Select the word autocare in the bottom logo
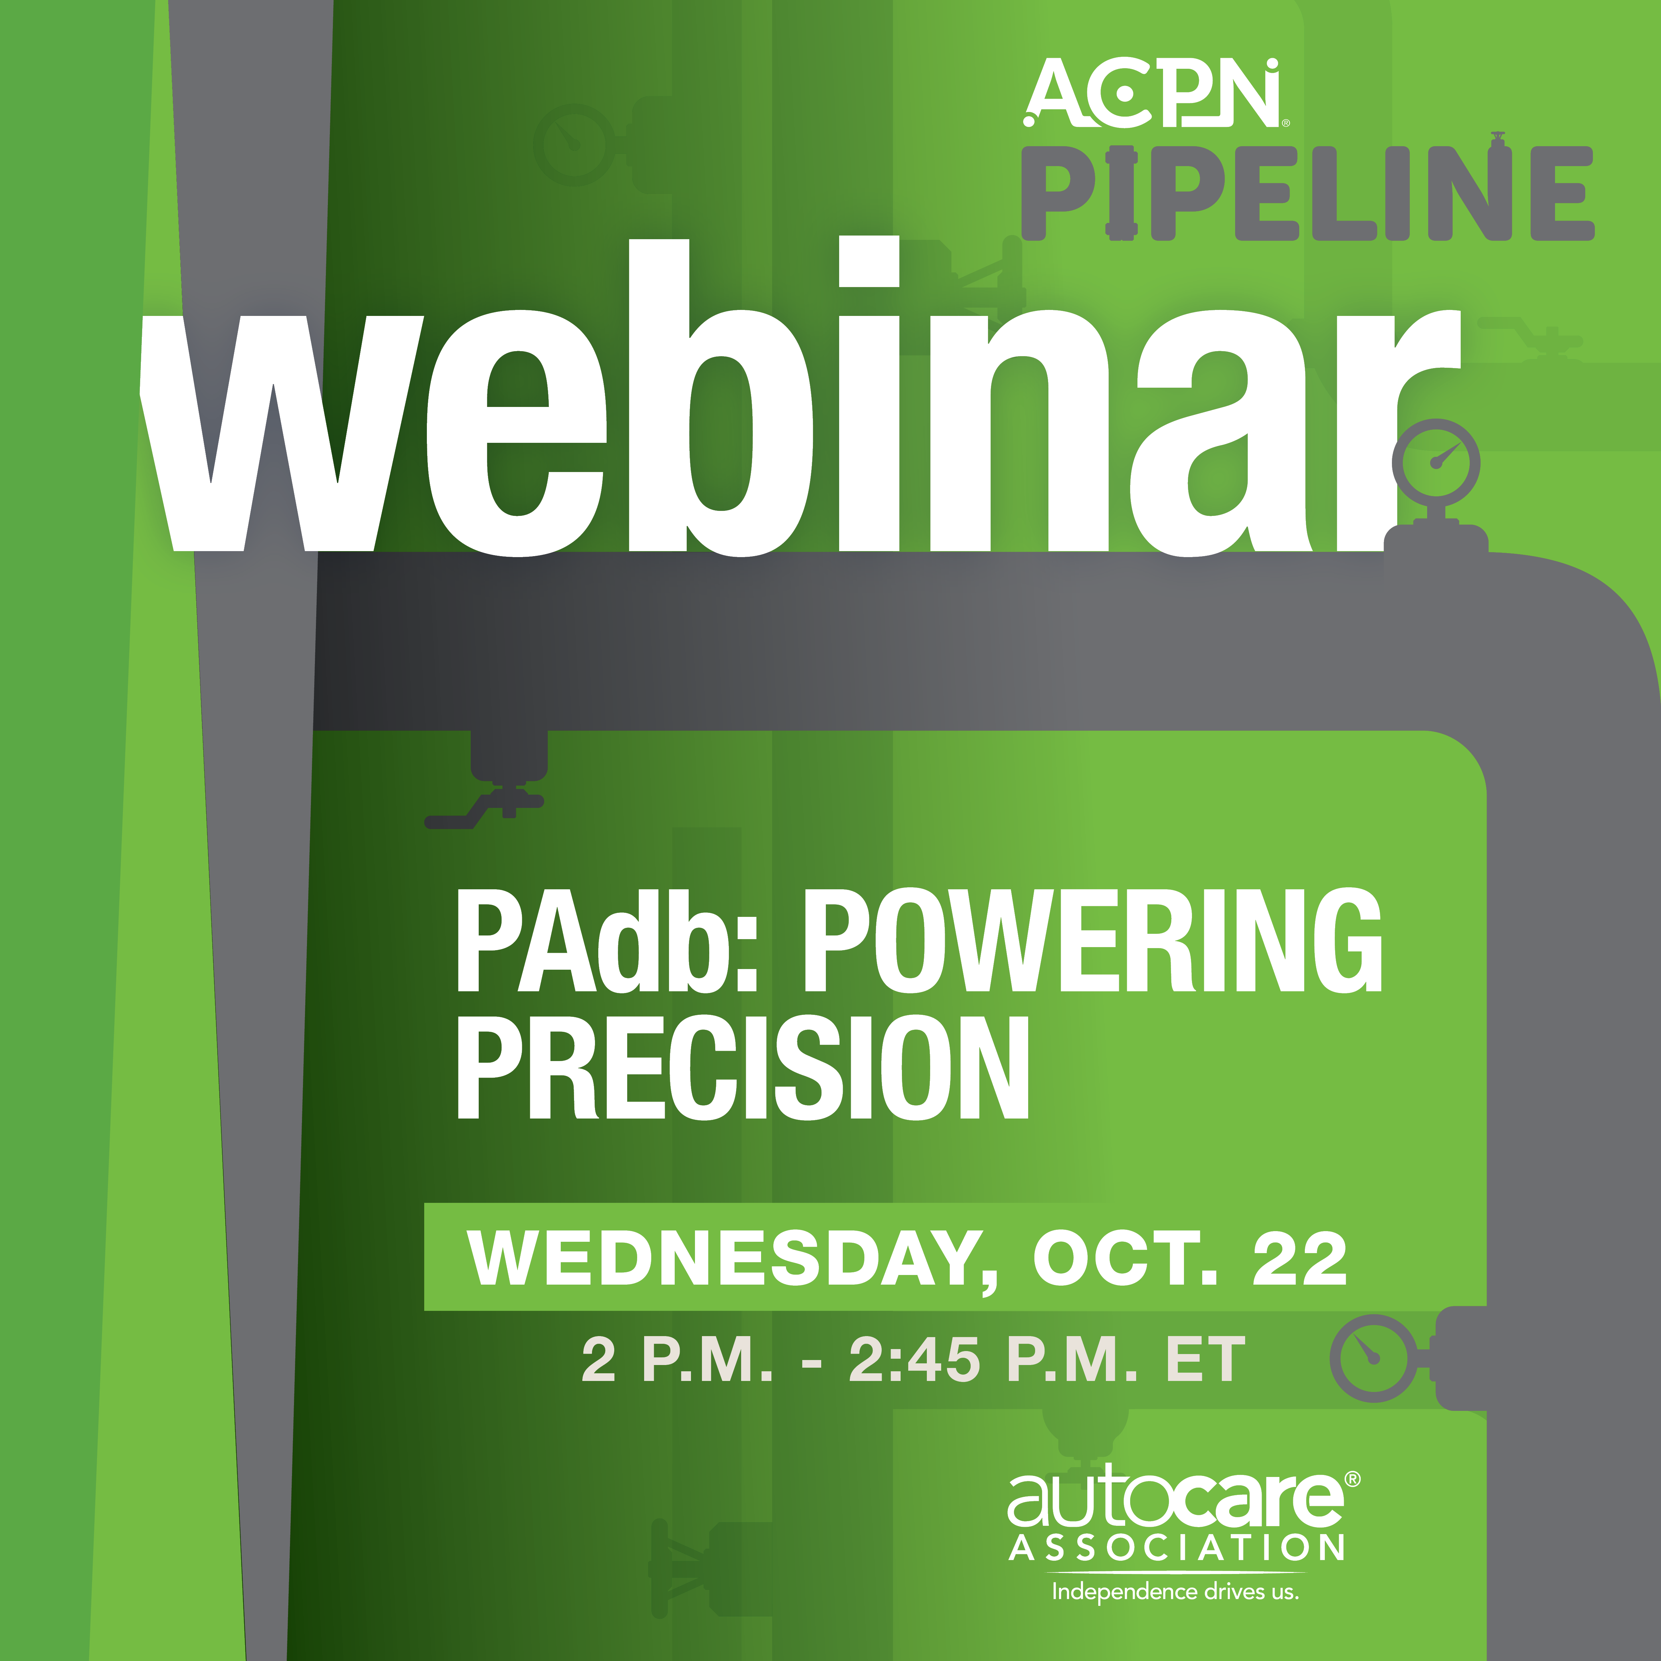(x=1175, y=1499)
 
